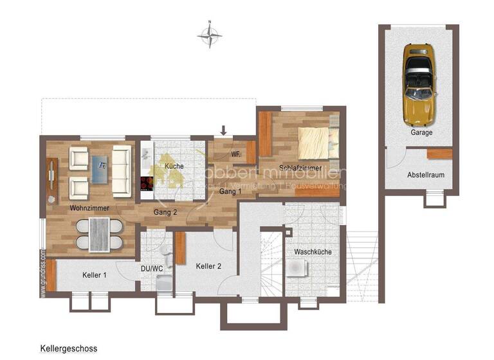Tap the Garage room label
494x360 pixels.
421,133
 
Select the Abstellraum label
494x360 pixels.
425,175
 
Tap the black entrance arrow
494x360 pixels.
223,131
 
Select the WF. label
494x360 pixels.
236,154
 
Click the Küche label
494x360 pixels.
174,166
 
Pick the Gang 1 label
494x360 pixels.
230,192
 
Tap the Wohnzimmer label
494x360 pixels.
89,208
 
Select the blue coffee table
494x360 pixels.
100,172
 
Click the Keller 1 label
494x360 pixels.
94,275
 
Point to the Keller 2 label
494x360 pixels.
208,265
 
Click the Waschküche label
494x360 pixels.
313,252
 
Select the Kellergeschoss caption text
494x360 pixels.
68,349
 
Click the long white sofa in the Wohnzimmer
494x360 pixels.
122,172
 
